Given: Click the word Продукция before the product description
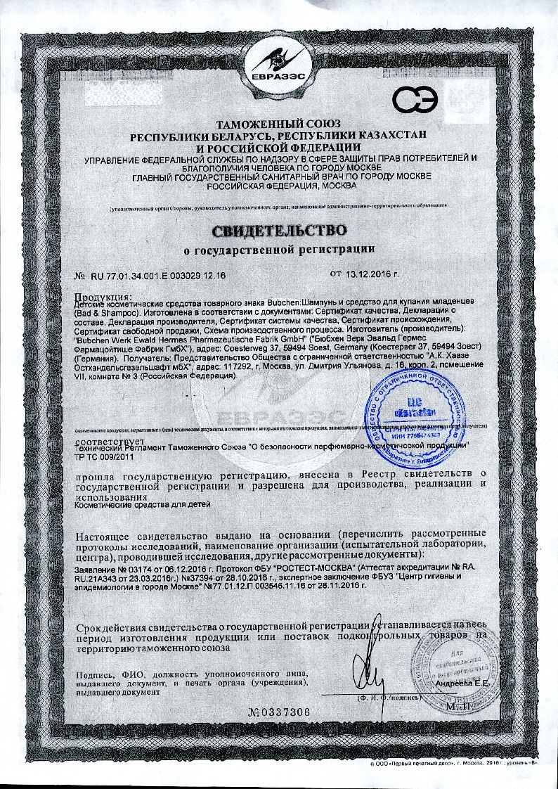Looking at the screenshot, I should click(x=103, y=294).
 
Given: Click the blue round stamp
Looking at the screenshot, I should click(x=416, y=415).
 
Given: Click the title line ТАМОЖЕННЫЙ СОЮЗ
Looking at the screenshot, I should click(x=279, y=124).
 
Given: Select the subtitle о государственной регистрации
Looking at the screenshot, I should click(x=279, y=249).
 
